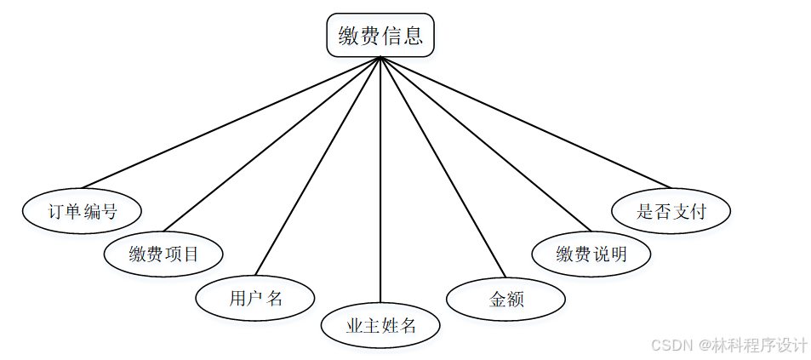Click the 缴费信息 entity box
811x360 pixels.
pos(380,36)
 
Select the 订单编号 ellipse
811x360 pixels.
pos(82,211)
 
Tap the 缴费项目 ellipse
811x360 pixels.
pos(163,254)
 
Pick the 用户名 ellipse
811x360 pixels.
pos(255,298)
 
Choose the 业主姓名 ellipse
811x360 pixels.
pos(380,325)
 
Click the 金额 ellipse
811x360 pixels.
pos(505,299)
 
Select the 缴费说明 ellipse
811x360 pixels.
pos(591,254)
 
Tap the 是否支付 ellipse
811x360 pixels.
pos(671,211)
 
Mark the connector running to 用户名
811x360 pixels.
pos(317,166)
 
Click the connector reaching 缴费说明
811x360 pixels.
pos(485,145)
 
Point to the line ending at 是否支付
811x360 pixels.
pos(526,123)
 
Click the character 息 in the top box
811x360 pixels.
pos(413,36)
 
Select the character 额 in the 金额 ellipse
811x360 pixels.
pos(515,299)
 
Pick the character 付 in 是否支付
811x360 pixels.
pos(698,211)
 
